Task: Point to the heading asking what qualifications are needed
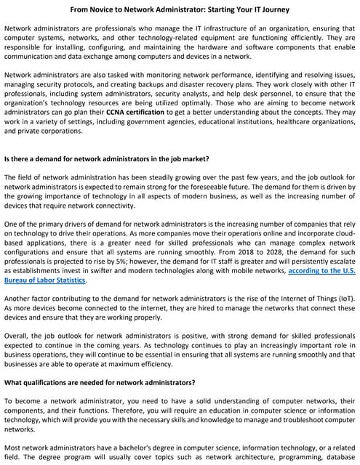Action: (100, 381)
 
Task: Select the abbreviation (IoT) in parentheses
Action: (344, 298)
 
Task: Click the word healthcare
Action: (263, 122)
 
